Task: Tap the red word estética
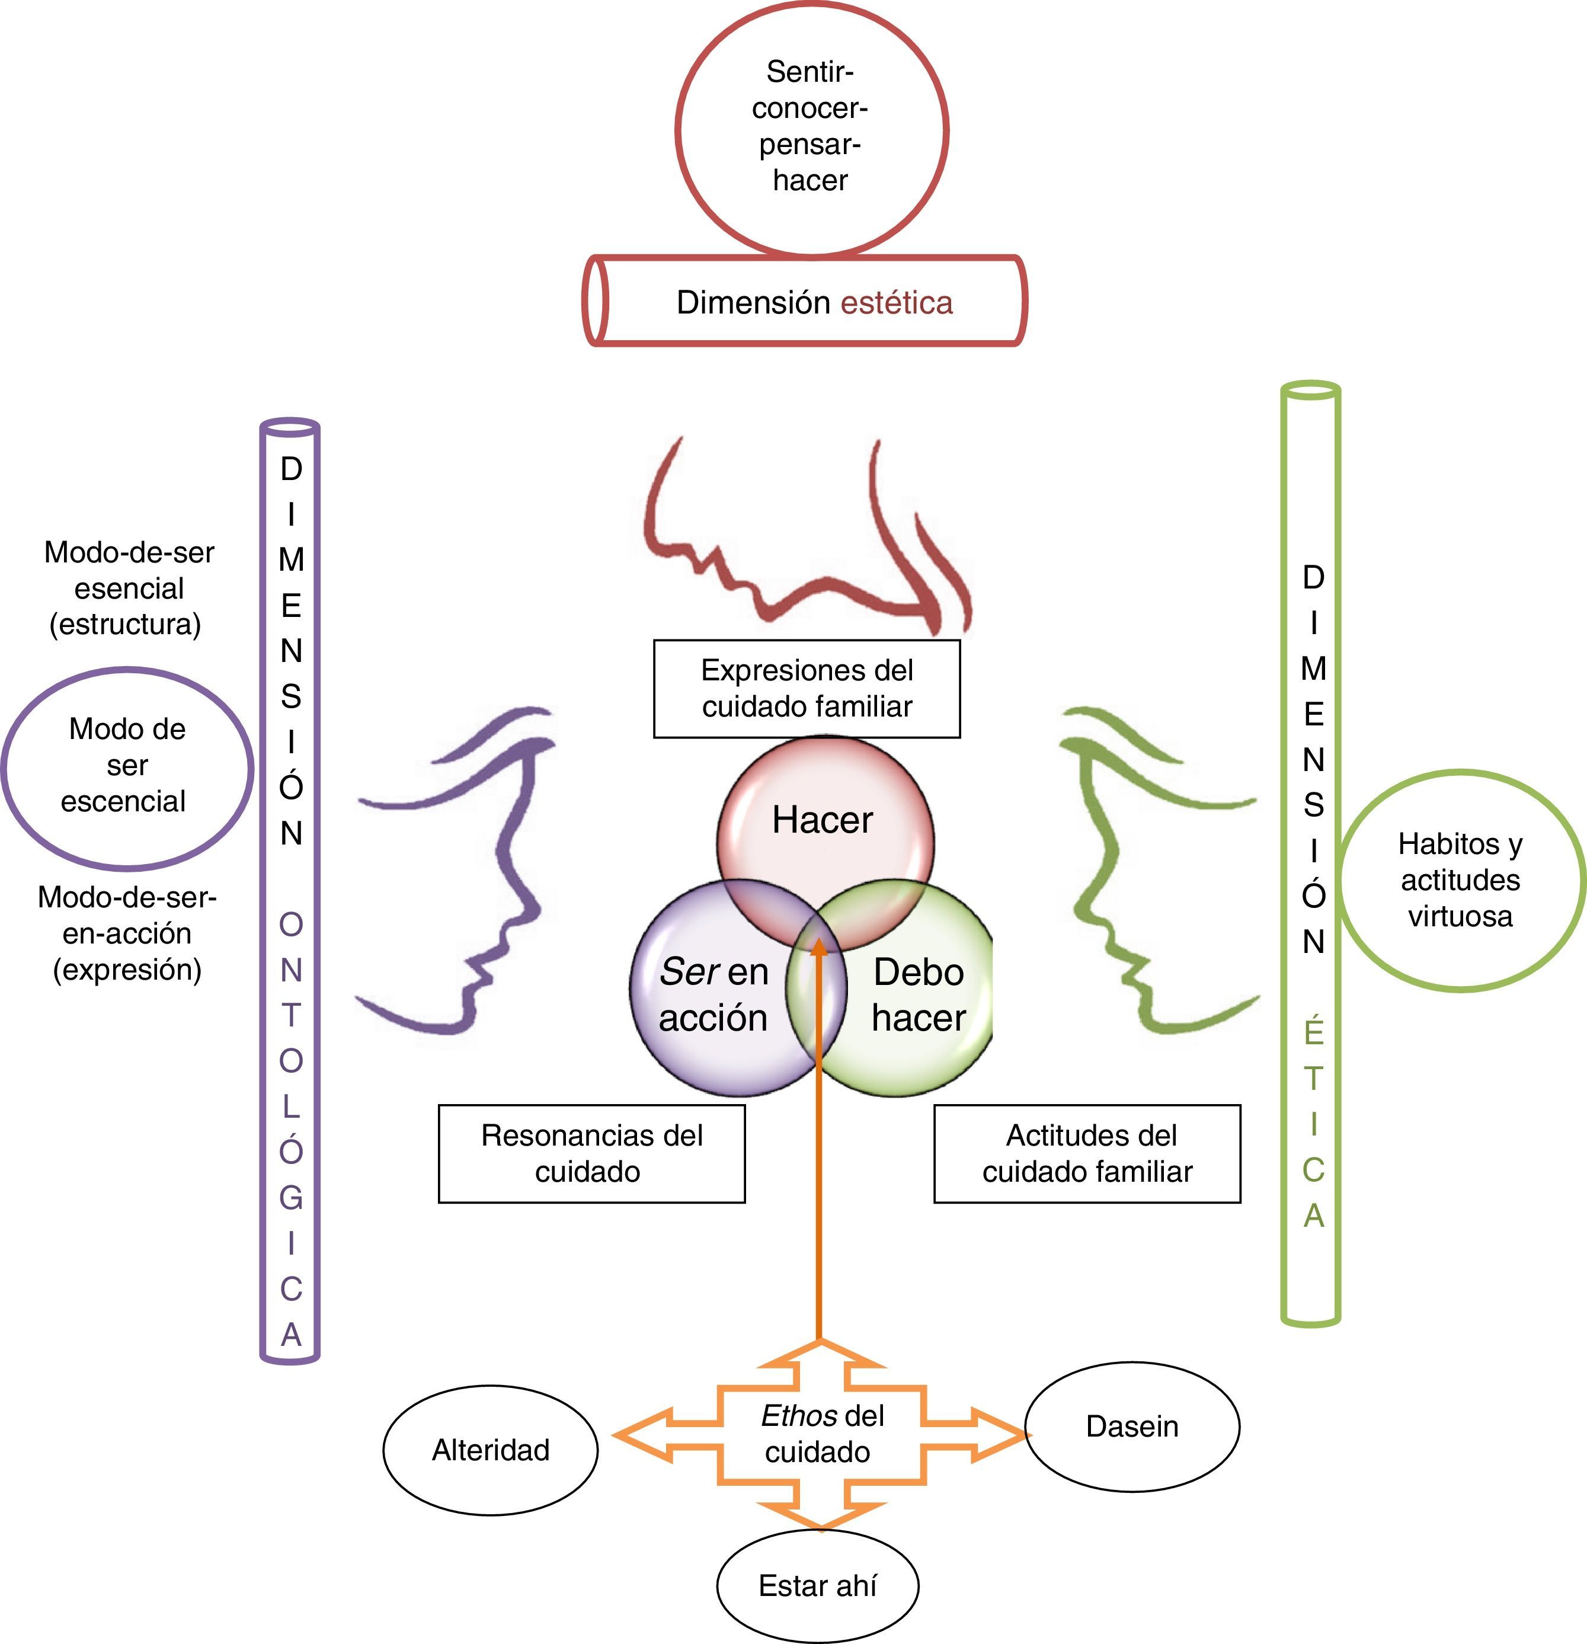[896, 303]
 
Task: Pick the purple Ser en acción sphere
[713, 994]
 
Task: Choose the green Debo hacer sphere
[919, 994]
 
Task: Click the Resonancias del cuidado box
[591, 1153]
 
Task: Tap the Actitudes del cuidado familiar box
[1087, 1153]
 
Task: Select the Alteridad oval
[491, 1450]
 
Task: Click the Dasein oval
[1131, 1426]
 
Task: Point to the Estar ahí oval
[817, 1585]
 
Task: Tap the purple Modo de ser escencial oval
[127, 766]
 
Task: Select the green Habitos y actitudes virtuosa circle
[1460, 880]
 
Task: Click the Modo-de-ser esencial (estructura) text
[129, 588]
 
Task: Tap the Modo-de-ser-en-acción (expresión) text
[127, 933]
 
